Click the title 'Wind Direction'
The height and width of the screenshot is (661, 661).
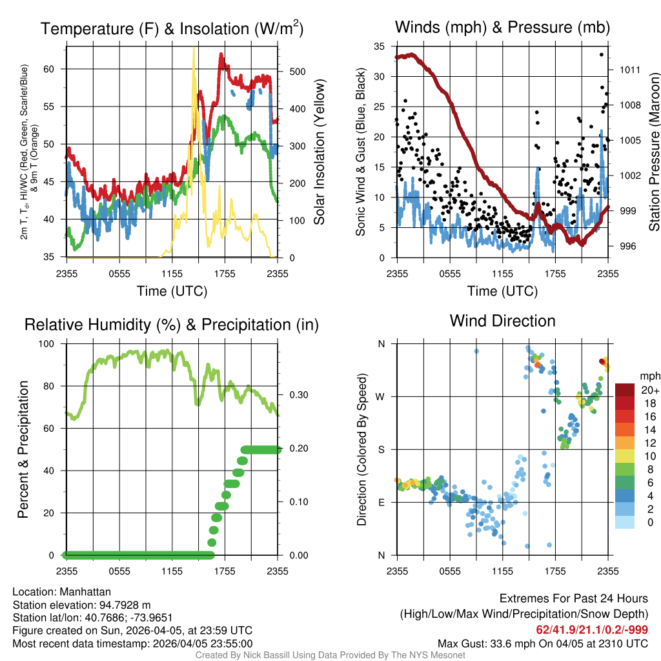coord(502,321)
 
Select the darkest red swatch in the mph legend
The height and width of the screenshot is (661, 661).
coord(625,390)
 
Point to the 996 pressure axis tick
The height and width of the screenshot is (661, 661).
coord(627,246)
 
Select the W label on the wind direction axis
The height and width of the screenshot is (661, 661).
coord(381,396)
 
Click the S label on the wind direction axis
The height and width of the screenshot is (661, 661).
coord(381,449)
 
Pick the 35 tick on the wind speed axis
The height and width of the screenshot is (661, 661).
coord(380,46)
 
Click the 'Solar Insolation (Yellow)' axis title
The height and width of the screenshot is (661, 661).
coord(320,152)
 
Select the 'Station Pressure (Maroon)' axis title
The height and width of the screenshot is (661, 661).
coord(655,152)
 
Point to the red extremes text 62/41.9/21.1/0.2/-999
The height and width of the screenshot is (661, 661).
coord(592,629)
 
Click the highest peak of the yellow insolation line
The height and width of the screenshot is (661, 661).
coord(194,48)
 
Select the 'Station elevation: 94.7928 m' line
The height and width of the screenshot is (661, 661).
coord(81,605)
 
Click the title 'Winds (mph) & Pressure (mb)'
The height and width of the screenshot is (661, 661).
coord(502,28)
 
